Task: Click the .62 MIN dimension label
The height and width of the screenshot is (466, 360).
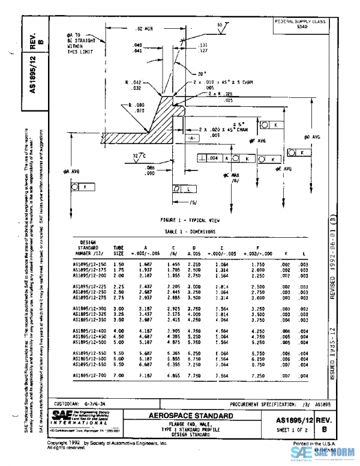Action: point(137,29)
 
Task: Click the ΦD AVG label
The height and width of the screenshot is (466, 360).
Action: point(312,137)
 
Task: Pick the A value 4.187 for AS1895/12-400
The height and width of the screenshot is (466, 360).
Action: point(145,330)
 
